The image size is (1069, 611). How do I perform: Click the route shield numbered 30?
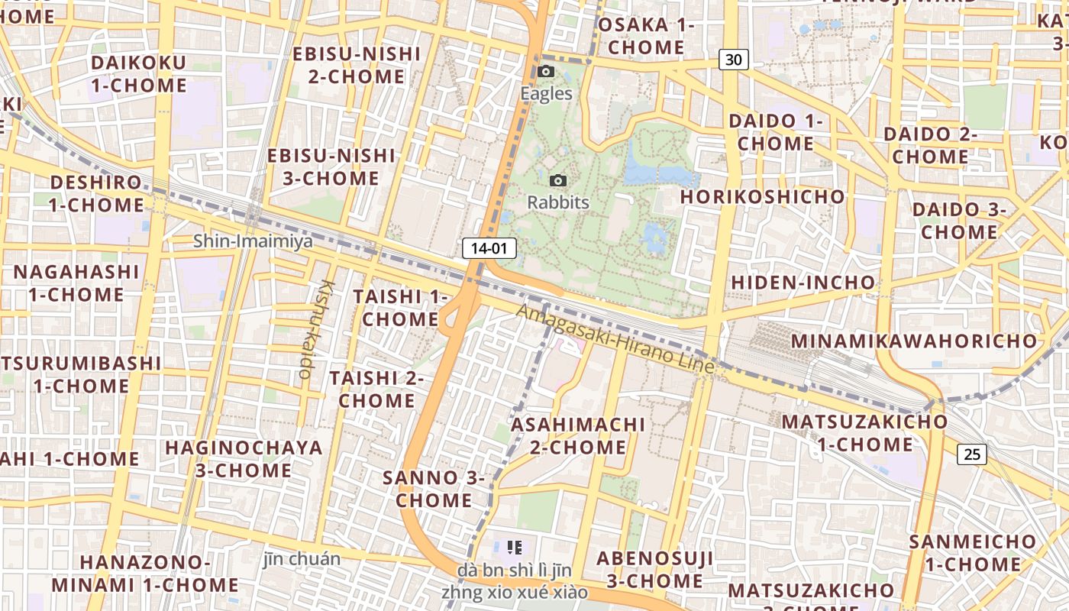tap(733, 59)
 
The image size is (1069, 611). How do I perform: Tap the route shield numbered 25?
tap(971, 454)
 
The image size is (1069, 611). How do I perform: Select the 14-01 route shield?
tap(489, 248)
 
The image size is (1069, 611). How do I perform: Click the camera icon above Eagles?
tap(546, 71)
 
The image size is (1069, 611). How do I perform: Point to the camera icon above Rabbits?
tap(558, 180)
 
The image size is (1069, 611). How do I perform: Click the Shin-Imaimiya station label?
tap(253, 241)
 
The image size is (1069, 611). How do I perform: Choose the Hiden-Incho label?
tap(803, 283)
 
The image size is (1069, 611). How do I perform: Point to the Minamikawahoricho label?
tap(914, 341)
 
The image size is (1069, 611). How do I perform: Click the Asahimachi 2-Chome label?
tap(578, 435)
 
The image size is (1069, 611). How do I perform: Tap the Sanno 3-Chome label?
tap(434, 489)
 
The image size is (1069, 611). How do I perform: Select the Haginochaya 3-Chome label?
tap(244, 458)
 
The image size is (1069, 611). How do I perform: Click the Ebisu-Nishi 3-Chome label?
tap(323, 167)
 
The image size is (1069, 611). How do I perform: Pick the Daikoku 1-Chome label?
tap(138, 73)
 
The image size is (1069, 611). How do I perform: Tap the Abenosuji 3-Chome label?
tap(654, 570)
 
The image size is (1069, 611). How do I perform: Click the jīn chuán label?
tap(302, 558)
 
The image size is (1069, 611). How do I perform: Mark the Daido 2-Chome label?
tap(931, 145)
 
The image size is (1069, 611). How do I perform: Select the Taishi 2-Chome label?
tap(376, 389)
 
